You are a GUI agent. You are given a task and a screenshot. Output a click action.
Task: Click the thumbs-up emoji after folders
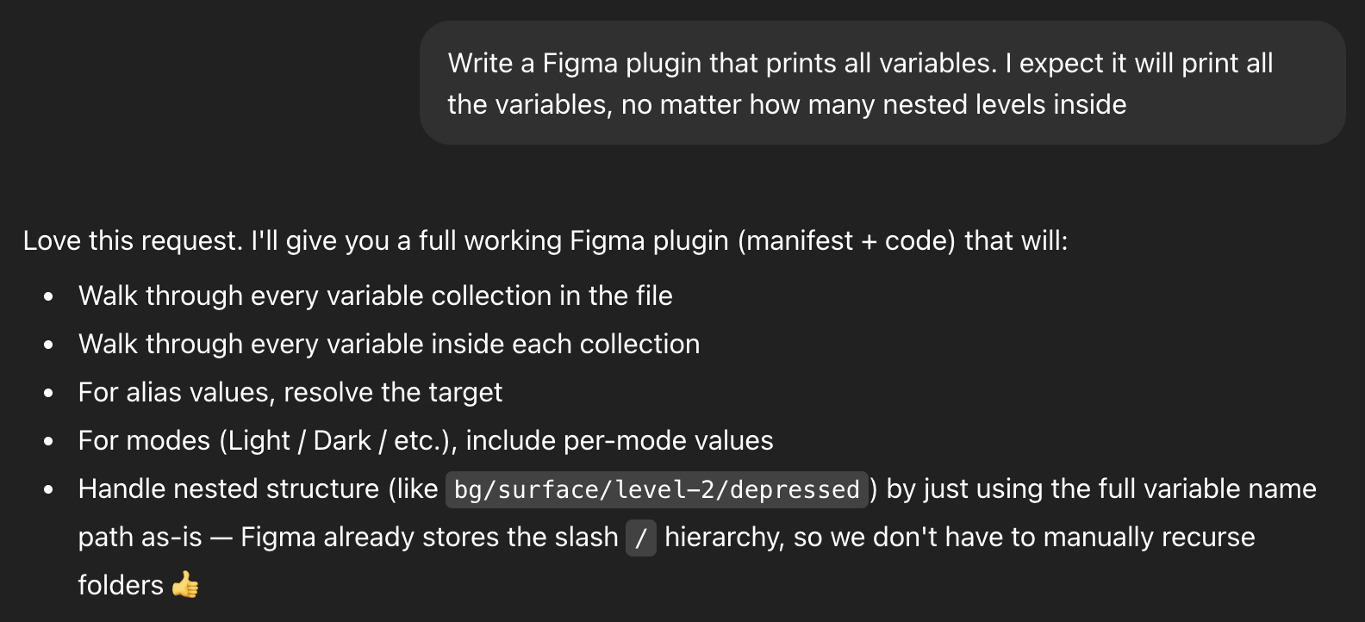(x=185, y=586)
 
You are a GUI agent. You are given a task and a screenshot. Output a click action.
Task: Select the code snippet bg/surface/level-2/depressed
(x=657, y=489)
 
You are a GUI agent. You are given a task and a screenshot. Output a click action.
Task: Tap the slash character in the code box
(x=640, y=538)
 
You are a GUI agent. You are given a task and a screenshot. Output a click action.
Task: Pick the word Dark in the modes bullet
(x=342, y=440)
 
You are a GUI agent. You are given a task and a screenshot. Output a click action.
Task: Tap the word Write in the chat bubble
(x=479, y=63)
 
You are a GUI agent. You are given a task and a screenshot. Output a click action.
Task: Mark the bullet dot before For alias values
(x=49, y=393)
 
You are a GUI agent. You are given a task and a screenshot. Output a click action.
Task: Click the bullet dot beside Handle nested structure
(x=49, y=489)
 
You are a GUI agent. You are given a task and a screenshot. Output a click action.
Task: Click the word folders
(x=121, y=585)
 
